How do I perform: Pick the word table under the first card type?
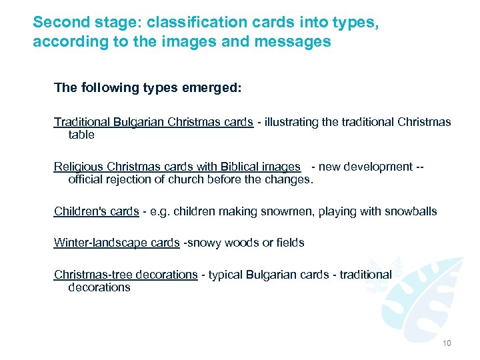pos(81,135)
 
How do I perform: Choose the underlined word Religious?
pos(78,167)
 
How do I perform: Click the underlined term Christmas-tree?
pos(91,274)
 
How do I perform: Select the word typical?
pos(226,275)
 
